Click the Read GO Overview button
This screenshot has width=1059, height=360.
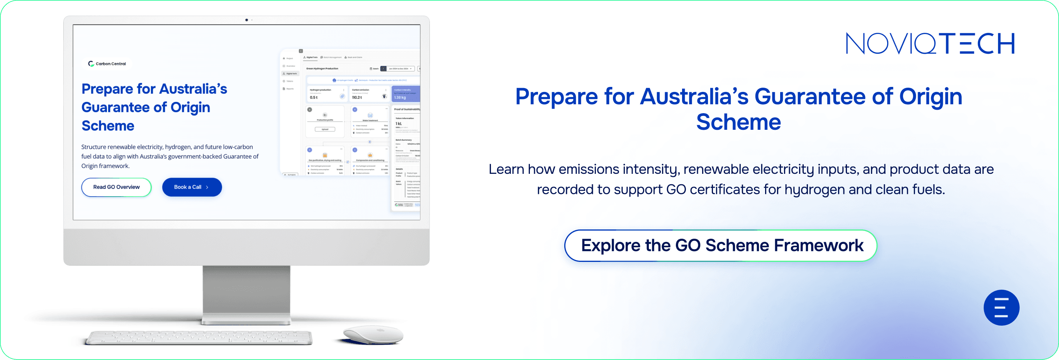click(116, 187)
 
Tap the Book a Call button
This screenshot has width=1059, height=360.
click(192, 187)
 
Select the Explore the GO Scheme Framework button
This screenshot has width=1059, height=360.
click(721, 245)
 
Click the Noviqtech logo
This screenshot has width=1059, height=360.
click(930, 44)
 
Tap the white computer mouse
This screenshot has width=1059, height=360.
click(373, 334)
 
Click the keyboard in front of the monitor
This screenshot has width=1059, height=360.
click(199, 338)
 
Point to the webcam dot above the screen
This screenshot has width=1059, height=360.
click(247, 20)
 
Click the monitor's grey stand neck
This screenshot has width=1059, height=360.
click(246, 292)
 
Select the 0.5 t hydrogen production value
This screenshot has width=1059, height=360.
click(314, 97)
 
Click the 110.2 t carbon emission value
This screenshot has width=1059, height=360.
click(357, 97)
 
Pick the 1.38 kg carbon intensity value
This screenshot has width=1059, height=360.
click(400, 97)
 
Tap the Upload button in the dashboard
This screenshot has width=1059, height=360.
click(325, 129)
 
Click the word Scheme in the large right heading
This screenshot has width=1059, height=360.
click(738, 122)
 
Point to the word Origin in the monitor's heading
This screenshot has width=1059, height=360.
click(190, 107)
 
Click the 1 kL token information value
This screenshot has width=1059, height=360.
click(398, 123)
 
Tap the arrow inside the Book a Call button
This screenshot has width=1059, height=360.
click(207, 187)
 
